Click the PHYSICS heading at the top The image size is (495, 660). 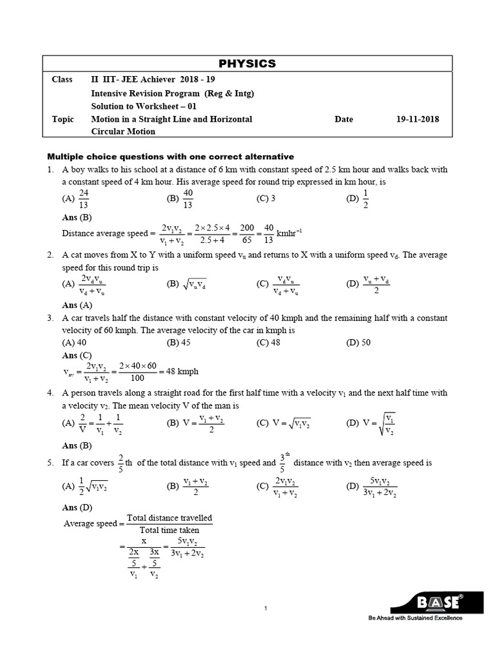coord(247,63)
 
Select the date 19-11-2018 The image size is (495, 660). coord(417,119)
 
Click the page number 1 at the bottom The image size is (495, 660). coord(266,608)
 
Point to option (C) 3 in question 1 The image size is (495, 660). coord(266,199)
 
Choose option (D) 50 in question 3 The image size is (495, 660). coord(358,343)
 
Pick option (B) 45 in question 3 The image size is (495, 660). coord(179,343)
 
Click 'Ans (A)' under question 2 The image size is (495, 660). coord(77,305)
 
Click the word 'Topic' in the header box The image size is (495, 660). coord(63,119)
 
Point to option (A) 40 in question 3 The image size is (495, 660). coord(74,343)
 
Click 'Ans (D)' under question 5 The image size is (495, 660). coord(77,508)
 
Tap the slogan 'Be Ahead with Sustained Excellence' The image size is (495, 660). coord(415,618)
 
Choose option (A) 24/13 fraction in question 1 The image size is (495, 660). coord(81,199)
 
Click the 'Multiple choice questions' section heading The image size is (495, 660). coord(171,157)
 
